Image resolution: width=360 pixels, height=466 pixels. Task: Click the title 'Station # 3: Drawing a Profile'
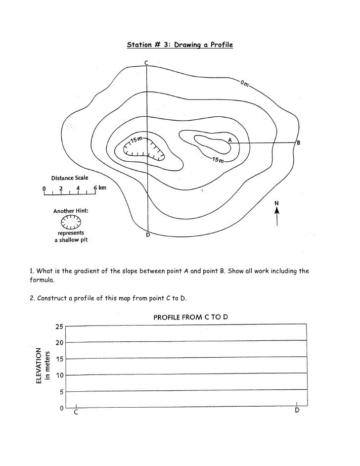[180, 45]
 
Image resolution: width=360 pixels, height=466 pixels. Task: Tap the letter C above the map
[146, 62]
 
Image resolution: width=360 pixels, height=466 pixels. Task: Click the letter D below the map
[147, 235]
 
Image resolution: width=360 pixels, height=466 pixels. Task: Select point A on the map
[229, 140]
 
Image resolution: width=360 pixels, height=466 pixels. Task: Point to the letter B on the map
[298, 143]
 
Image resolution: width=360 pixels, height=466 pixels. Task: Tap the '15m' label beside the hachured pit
[136, 141]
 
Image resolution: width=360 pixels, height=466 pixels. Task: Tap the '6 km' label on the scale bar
[99, 188]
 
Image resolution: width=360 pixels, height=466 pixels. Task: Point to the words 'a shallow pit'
[71, 240]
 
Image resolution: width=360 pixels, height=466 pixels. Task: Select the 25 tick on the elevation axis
[59, 326]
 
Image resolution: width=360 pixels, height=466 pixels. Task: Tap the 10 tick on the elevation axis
[59, 375]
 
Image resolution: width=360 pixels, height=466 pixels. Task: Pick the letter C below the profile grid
[76, 412]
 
